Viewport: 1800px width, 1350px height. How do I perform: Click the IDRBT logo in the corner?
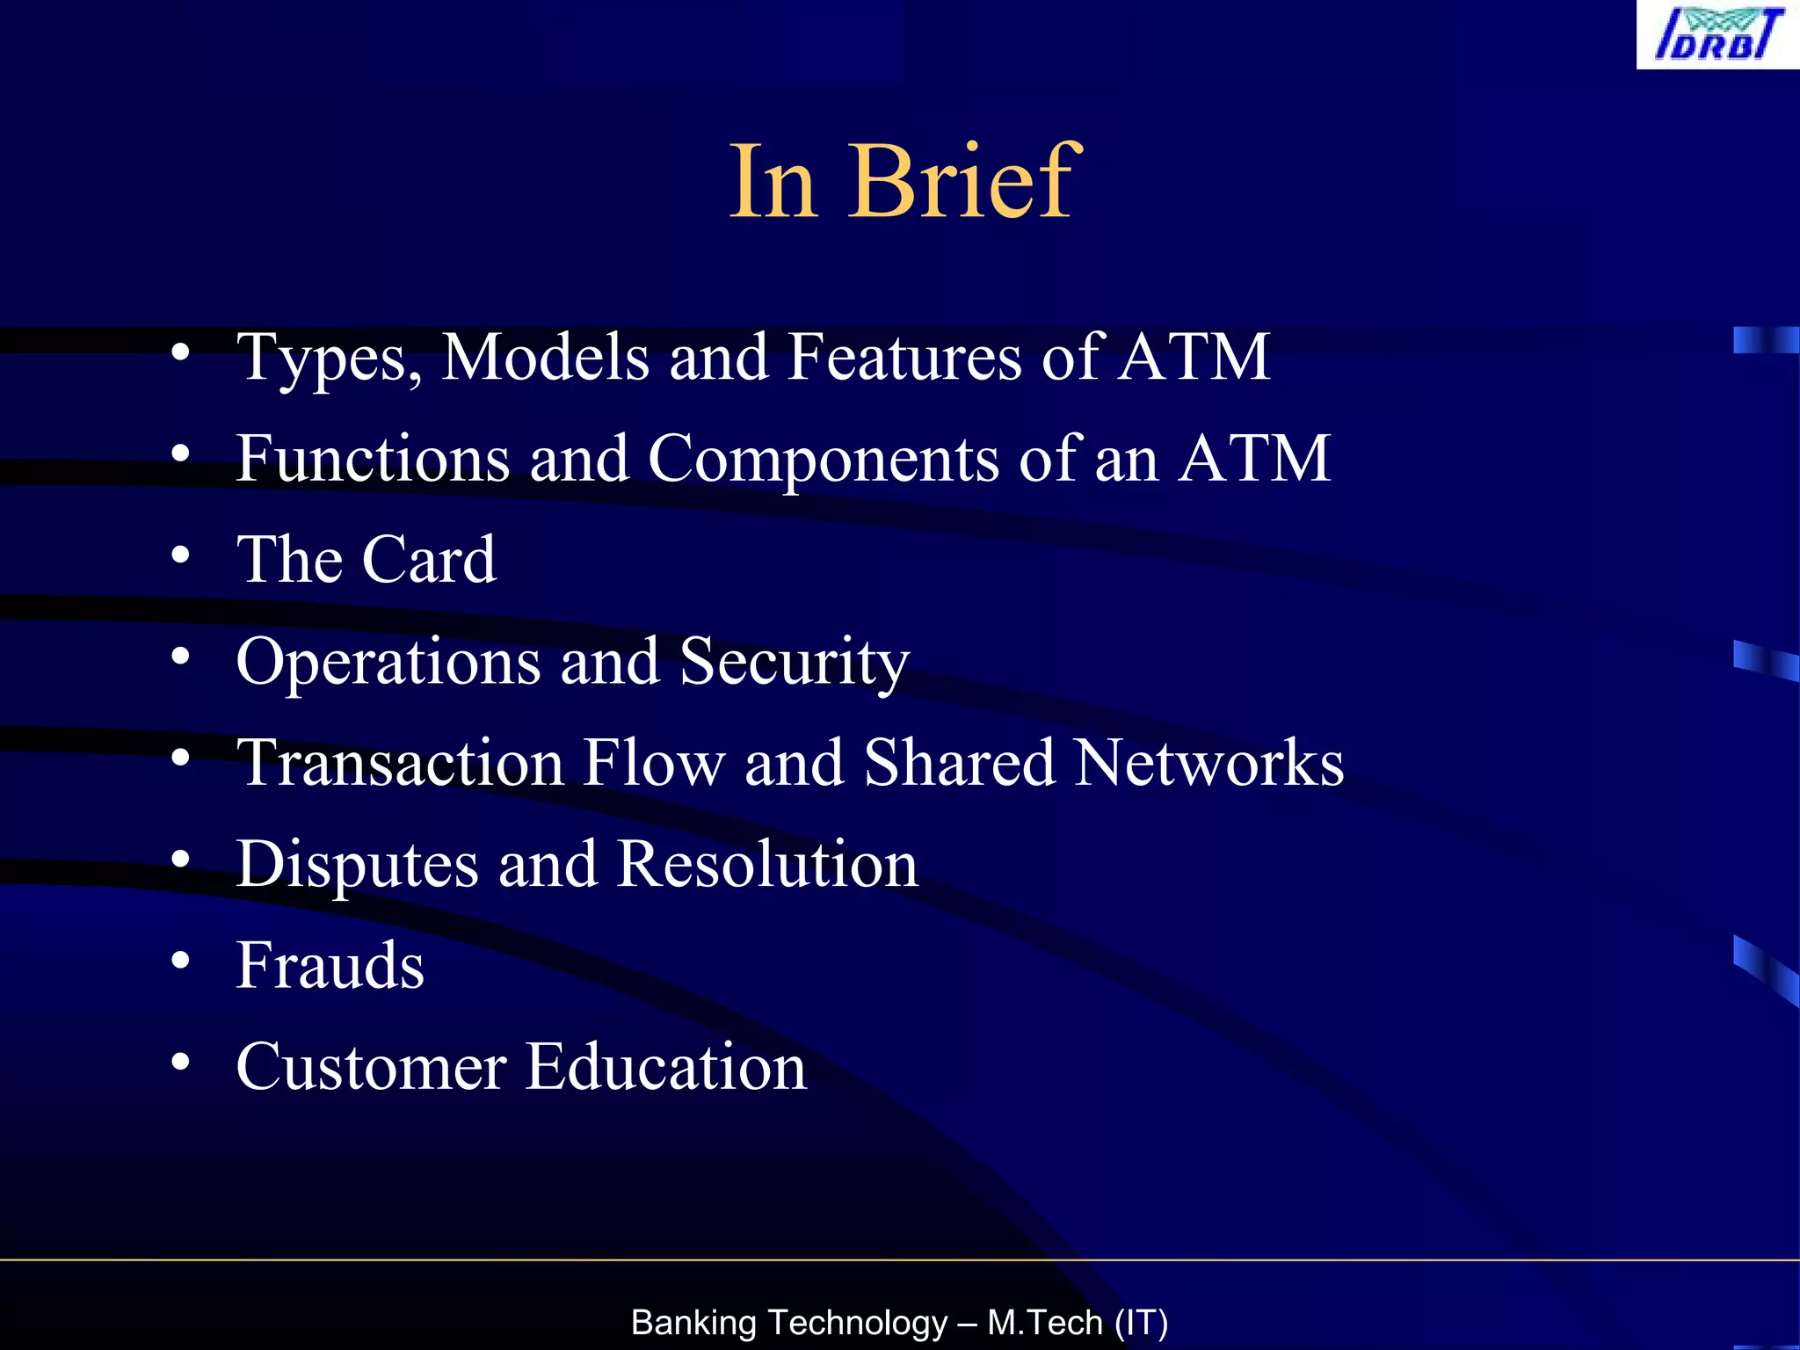point(1717,34)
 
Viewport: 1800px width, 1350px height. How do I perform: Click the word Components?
point(823,460)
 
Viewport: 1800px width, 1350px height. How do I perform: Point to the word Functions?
point(373,459)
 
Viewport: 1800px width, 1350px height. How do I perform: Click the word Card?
point(429,560)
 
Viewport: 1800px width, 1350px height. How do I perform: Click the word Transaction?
point(401,763)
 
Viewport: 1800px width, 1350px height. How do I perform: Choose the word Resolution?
point(767,864)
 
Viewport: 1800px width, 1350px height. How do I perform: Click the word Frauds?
point(330,966)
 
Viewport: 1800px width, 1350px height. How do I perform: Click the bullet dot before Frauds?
point(180,961)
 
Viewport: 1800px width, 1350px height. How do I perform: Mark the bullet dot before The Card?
point(180,555)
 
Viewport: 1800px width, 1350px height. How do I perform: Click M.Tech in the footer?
point(1045,1323)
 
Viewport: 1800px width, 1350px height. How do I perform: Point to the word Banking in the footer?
point(693,1323)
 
